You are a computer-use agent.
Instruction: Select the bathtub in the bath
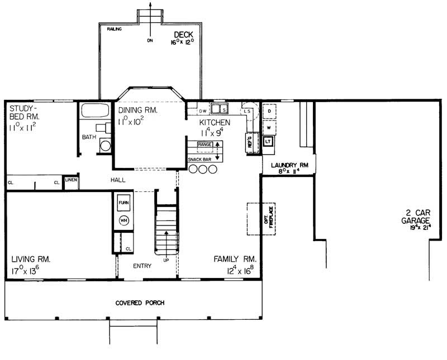[x=96, y=110]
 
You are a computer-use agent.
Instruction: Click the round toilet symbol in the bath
[x=104, y=146]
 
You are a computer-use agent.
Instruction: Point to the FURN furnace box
[x=123, y=203]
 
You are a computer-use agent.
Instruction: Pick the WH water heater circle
[x=123, y=220]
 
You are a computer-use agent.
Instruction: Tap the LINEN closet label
[x=71, y=180]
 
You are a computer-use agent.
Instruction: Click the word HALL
[x=118, y=180]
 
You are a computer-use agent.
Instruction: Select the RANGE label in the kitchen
[x=204, y=145]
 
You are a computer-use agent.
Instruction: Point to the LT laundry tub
[x=268, y=141]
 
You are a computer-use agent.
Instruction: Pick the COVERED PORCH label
[x=140, y=303]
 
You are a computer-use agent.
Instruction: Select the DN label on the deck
[x=150, y=40]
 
